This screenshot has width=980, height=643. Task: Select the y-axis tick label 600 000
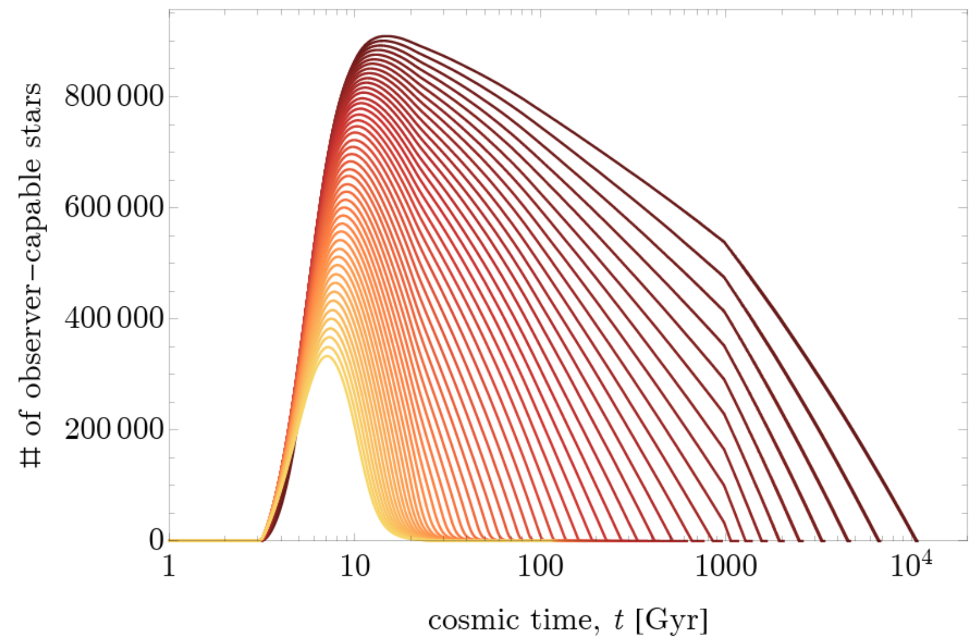[114, 207]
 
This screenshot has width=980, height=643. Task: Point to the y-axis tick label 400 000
[114, 318]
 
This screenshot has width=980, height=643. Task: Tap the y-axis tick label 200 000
[114, 429]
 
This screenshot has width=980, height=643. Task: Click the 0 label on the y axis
[157, 540]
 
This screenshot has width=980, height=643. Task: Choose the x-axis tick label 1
[169, 567]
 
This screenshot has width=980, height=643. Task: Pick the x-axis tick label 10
[354, 567]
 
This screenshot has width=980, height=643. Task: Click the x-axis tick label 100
[540, 567]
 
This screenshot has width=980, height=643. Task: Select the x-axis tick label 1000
[725, 567]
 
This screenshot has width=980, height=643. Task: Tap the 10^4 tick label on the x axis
[910, 566]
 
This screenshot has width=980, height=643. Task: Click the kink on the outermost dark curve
[724, 242]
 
